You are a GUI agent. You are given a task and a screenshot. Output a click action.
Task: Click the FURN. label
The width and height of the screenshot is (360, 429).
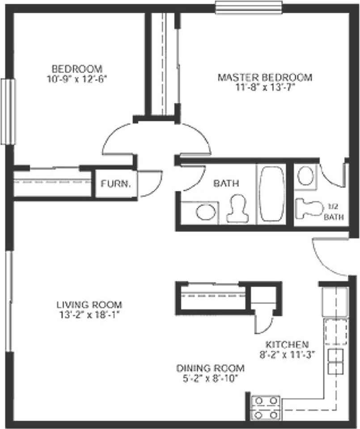[115, 183]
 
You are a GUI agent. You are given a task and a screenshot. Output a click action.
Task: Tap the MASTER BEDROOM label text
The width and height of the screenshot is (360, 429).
[265, 77]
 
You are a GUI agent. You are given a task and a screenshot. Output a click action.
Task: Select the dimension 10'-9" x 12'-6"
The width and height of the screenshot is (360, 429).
[76, 80]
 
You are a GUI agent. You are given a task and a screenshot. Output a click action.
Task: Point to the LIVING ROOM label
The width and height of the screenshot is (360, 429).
[89, 304]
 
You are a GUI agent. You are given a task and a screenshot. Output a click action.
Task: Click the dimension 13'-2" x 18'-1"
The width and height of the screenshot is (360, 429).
[90, 315]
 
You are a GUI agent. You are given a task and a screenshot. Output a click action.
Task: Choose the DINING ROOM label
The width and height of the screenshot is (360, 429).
[210, 368]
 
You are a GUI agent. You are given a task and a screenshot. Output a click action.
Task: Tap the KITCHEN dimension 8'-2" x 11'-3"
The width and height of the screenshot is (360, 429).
[287, 355]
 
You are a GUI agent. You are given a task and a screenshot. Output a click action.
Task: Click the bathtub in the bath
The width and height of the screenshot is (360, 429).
[272, 193]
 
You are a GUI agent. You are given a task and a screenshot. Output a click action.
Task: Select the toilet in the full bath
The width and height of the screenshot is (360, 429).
[237, 209]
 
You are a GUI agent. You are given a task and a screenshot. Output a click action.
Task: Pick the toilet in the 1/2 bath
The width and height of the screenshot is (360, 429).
[309, 209]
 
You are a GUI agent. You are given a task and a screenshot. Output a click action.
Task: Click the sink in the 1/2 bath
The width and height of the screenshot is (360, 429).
[305, 176]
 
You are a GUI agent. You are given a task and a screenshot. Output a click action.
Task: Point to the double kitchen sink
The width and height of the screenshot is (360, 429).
[335, 362]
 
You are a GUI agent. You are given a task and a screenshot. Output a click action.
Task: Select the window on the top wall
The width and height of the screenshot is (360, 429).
[249, 8]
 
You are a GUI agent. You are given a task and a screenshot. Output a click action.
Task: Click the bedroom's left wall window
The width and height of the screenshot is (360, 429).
[8, 111]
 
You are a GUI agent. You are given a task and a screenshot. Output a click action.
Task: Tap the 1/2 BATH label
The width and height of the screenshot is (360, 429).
[334, 213]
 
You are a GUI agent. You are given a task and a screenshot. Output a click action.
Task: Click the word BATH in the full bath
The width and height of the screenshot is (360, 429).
[226, 183]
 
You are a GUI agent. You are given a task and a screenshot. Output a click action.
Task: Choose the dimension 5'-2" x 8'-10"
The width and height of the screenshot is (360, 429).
[210, 379]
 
